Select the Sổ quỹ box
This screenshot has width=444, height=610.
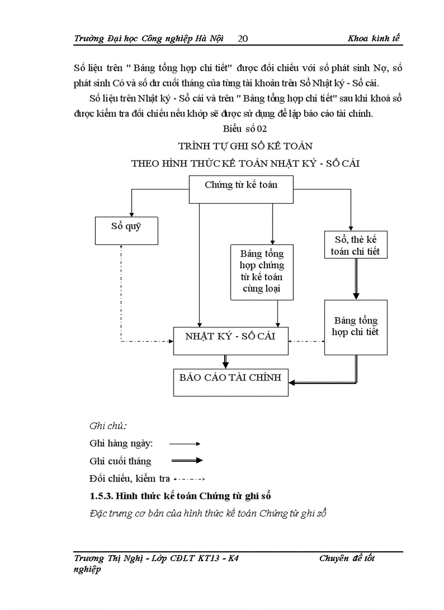[x=126, y=230]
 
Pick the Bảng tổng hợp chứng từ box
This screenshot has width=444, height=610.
[x=262, y=271]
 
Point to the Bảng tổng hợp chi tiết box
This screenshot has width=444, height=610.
[x=356, y=327]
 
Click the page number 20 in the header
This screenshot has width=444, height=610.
[x=243, y=38]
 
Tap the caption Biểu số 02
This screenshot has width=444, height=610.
[x=244, y=129]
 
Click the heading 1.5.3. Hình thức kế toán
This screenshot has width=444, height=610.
[x=180, y=496]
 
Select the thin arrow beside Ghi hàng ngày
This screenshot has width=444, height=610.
[x=185, y=444]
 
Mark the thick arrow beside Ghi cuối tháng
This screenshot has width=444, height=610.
[x=187, y=461]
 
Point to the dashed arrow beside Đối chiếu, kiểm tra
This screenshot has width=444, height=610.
[x=188, y=479]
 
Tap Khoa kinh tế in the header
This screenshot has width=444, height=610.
[x=375, y=38]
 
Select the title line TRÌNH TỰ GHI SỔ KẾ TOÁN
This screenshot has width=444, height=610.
[x=245, y=146]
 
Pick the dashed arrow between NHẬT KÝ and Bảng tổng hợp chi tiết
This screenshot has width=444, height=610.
[x=306, y=341]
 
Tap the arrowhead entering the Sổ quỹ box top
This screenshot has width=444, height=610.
[x=131, y=213]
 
